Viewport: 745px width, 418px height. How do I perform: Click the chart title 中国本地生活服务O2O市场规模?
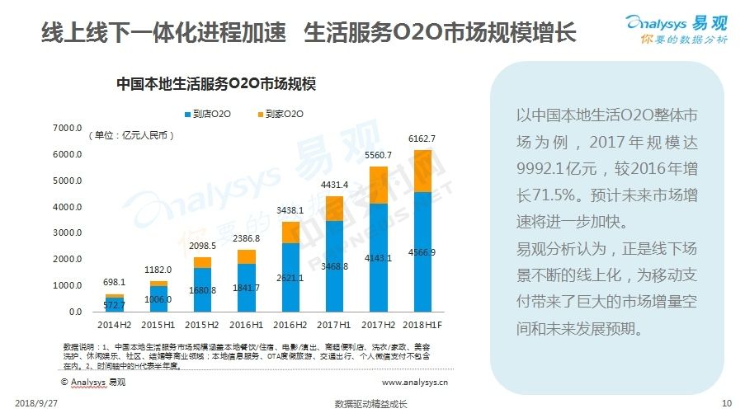click(x=216, y=83)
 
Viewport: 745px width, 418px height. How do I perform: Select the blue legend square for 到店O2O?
click(x=187, y=113)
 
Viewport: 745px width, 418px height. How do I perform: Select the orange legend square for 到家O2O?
click(x=261, y=113)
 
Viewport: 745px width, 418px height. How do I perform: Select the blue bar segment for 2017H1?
click(x=333, y=264)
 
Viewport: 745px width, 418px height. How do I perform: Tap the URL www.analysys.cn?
click(x=415, y=383)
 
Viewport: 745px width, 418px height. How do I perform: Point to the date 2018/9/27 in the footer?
click(x=37, y=404)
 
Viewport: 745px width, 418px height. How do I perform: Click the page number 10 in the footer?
click(x=726, y=404)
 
